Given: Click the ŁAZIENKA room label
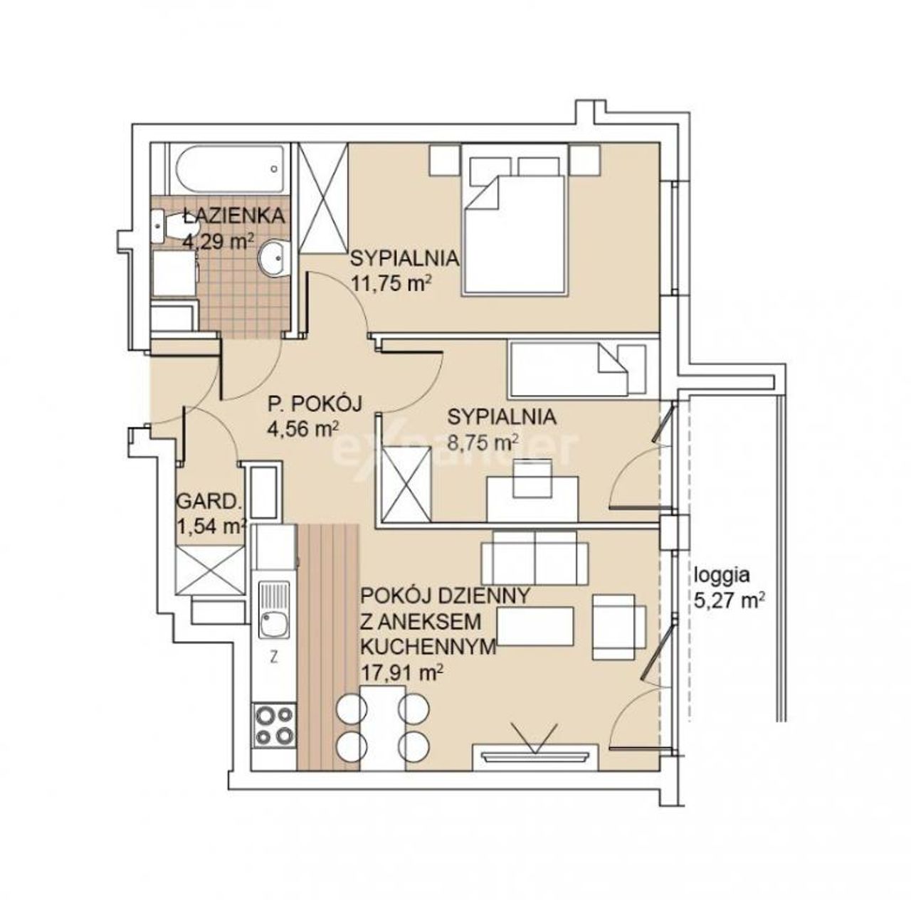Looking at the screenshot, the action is pos(234,216).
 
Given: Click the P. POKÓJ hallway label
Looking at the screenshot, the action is pos(315,404).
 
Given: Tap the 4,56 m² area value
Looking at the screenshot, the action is pos(302,430).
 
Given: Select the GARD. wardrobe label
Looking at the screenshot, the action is pos(209,501).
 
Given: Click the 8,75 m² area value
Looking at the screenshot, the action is pos(483,443).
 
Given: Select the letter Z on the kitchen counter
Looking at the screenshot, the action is pos(273,657).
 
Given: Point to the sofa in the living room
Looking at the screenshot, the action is pos(535,557).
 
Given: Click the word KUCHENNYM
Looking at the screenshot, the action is pos(428,647).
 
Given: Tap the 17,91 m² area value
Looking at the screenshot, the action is pos(402,672).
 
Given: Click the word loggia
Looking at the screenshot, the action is pos(722,577).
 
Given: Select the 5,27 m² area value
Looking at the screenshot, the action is pos(730,601).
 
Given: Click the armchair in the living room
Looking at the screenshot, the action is pos(618,627).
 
